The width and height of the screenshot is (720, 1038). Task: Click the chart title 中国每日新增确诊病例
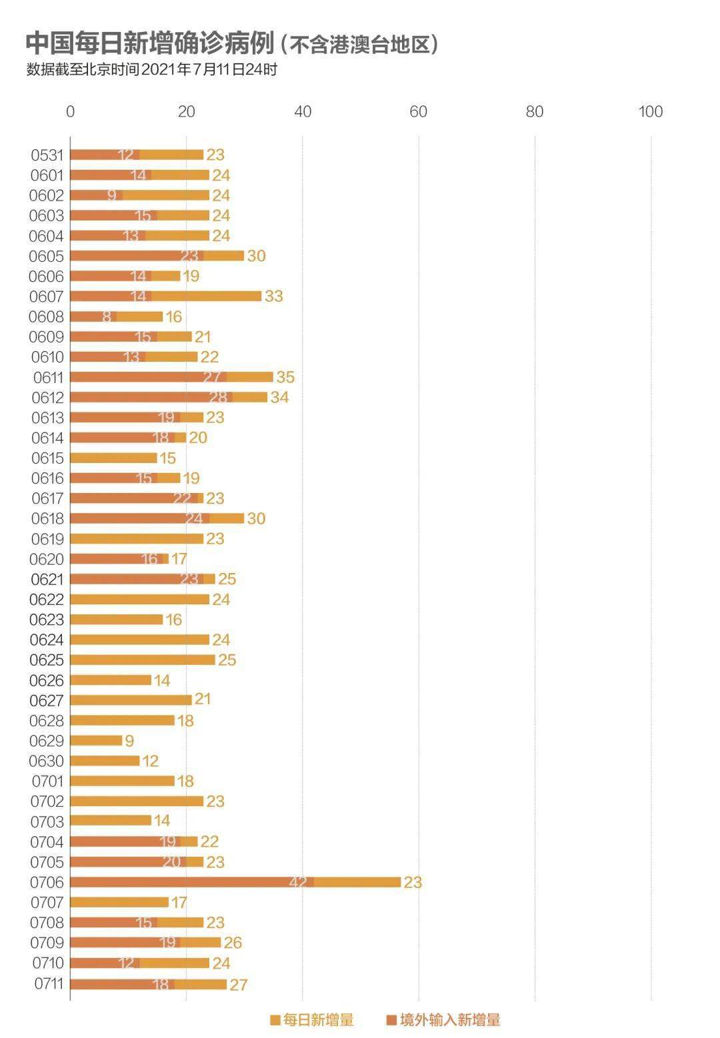click(149, 43)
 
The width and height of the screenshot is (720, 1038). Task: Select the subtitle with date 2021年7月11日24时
click(151, 69)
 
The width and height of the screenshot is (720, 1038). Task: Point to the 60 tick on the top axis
click(419, 112)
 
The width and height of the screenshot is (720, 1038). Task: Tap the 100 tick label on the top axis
click(650, 112)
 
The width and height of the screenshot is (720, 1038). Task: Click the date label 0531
click(47, 155)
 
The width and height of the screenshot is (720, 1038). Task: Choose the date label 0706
click(47, 883)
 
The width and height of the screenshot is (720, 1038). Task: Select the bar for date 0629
click(96, 741)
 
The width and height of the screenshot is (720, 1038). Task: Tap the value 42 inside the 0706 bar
click(298, 883)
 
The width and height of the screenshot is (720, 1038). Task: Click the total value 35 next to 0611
click(285, 377)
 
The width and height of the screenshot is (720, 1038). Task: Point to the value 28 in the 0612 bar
click(218, 398)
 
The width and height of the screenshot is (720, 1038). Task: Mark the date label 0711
click(48, 984)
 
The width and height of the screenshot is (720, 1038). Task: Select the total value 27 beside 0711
click(238, 985)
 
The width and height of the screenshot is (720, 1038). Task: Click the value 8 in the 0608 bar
click(107, 317)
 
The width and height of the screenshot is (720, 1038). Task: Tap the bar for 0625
click(143, 660)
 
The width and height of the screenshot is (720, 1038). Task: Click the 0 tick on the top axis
click(70, 112)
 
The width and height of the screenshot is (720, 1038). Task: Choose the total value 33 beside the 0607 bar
click(273, 296)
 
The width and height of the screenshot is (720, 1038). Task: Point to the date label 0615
click(47, 458)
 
